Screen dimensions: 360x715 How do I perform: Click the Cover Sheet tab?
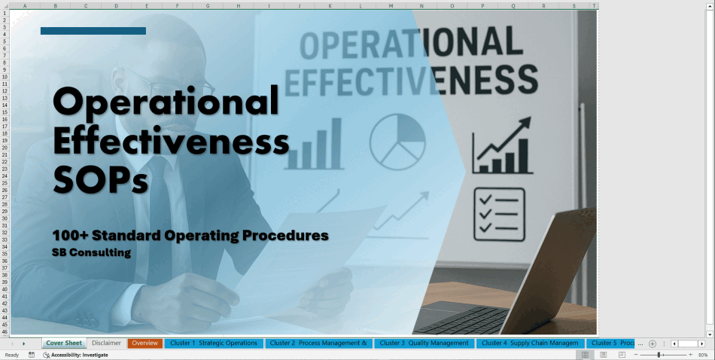[63, 343]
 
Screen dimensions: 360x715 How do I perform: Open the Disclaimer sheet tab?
[106, 343]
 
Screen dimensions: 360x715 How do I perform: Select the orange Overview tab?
[145, 343]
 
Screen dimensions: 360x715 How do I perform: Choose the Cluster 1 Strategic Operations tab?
[214, 343]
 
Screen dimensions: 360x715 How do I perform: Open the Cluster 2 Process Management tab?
[318, 343]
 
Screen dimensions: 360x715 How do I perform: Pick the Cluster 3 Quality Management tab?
[424, 343]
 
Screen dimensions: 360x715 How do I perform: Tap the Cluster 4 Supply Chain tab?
[530, 343]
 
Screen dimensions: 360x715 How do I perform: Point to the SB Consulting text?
[91, 253]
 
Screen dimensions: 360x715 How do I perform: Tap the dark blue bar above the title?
[93, 31]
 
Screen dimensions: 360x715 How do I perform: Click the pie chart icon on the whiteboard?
[397, 141]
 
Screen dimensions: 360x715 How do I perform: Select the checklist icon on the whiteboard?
[499, 214]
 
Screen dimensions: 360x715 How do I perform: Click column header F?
[177, 6]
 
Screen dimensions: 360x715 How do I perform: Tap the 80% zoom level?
[703, 355]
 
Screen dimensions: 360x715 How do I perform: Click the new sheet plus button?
[652, 343]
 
